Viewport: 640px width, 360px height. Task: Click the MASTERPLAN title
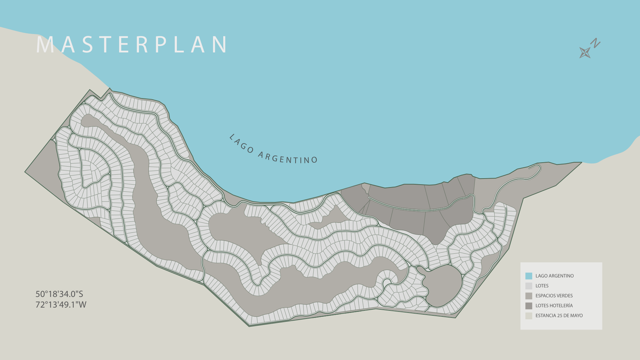click(x=132, y=44)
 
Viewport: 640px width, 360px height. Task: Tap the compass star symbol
click(x=585, y=52)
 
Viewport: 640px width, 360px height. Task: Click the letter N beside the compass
click(x=596, y=43)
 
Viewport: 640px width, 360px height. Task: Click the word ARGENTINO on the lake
click(x=288, y=158)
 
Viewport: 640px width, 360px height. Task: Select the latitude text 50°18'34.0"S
click(x=59, y=294)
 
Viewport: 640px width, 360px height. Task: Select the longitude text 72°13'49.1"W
click(x=61, y=305)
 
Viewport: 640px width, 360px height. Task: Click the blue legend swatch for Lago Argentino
click(x=529, y=276)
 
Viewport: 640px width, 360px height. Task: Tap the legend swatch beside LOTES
click(x=529, y=286)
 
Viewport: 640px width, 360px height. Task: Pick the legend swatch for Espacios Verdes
click(x=529, y=296)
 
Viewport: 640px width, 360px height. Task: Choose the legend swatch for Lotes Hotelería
click(x=529, y=306)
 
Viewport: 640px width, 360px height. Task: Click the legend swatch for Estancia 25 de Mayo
click(x=529, y=316)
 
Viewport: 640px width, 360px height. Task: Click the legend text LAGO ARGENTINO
click(x=554, y=276)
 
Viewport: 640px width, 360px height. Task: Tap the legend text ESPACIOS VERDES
click(x=554, y=296)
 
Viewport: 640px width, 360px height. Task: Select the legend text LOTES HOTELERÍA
click(x=554, y=306)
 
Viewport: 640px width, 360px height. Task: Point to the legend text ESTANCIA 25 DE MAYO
click(x=559, y=316)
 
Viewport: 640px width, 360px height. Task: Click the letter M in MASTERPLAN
click(x=45, y=44)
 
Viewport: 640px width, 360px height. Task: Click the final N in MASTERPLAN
click(x=220, y=44)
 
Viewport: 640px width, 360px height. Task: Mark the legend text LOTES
click(x=542, y=286)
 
